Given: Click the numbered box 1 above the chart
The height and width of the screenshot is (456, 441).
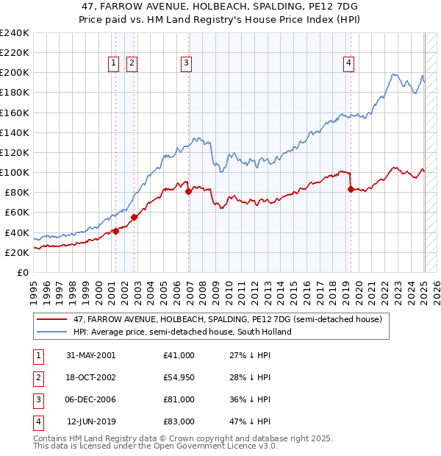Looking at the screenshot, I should point(115,64).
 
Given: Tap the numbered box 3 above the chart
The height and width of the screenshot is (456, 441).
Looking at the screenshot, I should point(187,64).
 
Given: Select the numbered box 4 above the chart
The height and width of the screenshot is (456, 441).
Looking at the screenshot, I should point(348,64).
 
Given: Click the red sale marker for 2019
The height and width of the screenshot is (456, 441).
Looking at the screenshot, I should point(351,189).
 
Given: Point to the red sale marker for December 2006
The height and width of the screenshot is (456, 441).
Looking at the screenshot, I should point(188,191).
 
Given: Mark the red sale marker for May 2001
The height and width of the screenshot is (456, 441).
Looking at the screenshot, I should point(115,231).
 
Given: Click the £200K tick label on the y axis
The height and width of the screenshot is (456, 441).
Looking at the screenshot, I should point(14,73).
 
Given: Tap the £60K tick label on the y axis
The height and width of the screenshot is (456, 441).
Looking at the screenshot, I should point(16,212).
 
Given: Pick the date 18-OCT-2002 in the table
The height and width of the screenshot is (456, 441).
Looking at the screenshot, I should point(90,377).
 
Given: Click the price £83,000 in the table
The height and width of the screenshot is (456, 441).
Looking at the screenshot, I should point(179,421).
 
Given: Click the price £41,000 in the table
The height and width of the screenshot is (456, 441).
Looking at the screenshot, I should point(179,355).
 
